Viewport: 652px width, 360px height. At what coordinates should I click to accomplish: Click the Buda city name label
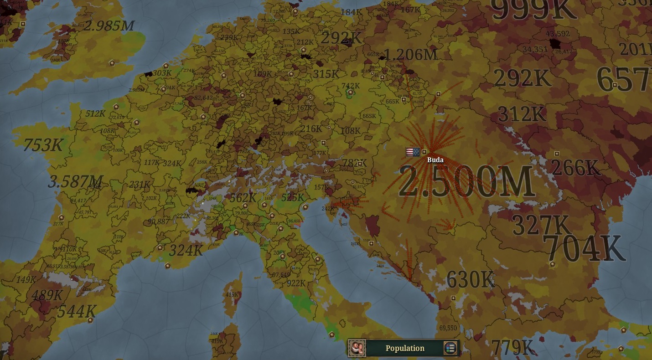pyautogui.click(x=435, y=160)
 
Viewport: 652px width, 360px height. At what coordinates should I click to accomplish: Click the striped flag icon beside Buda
pyautogui.click(x=413, y=152)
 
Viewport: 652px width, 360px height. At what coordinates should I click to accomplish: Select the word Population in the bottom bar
pyautogui.click(x=405, y=348)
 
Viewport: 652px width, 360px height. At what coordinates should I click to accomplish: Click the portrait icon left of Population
pyautogui.click(x=357, y=348)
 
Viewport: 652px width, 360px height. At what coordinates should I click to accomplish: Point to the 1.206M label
pyautogui.click(x=411, y=55)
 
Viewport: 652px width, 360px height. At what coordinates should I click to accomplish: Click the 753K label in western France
pyautogui.click(x=43, y=145)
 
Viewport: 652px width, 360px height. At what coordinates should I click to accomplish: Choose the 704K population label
pyautogui.click(x=585, y=249)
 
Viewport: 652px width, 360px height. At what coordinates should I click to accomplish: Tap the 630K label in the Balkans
pyautogui.click(x=471, y=279)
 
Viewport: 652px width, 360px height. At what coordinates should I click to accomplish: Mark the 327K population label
pyautogui.click(x=541, y=225)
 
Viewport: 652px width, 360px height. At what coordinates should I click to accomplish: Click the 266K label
pyautogui.click(x=576, y=168)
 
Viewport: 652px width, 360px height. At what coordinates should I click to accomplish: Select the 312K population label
pyautogui.click(x=522, y=114)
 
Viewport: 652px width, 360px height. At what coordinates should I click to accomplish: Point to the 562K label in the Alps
pyautogui.click(x=243, y=198)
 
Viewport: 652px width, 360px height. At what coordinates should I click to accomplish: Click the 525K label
pyautogui.click(x=292, y=197)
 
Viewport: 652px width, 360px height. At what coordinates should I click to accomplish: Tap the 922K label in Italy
pyautogui.click(x=296, y=283)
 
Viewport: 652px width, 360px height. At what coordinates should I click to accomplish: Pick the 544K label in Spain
pyautogui.click(x=77, y=311)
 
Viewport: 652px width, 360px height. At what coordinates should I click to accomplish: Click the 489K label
pyautogui.click(x=47, y=295)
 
